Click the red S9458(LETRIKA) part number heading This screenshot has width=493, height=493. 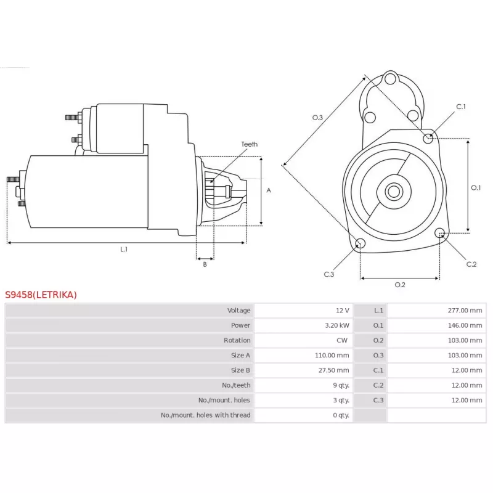coord(41,295)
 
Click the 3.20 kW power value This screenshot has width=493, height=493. coord(337,325)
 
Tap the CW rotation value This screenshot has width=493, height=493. coord(342,340)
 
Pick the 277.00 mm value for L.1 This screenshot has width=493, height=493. coord(465,311)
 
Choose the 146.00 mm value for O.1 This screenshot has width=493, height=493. coord(465,325)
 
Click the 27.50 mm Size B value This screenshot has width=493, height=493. coord(333,370)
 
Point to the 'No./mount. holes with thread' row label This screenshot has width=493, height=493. coord(206,415)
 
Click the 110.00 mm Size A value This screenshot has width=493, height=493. coord(332,356)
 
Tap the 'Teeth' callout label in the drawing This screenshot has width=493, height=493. coord(250,144)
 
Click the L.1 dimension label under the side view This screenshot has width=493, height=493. coord(124,250)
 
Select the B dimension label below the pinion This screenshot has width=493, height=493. coord(205,264)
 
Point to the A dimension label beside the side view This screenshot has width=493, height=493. coord(269,190)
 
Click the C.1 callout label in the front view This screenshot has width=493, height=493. coord(461,107)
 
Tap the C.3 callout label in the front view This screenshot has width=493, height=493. coord(329,274)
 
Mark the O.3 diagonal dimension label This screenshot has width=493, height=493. coord(317,118)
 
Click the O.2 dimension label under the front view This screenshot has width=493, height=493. coord(400,285)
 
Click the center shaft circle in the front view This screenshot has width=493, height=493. coord(394,192)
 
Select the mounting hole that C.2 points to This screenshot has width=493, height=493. coord(440,233)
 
